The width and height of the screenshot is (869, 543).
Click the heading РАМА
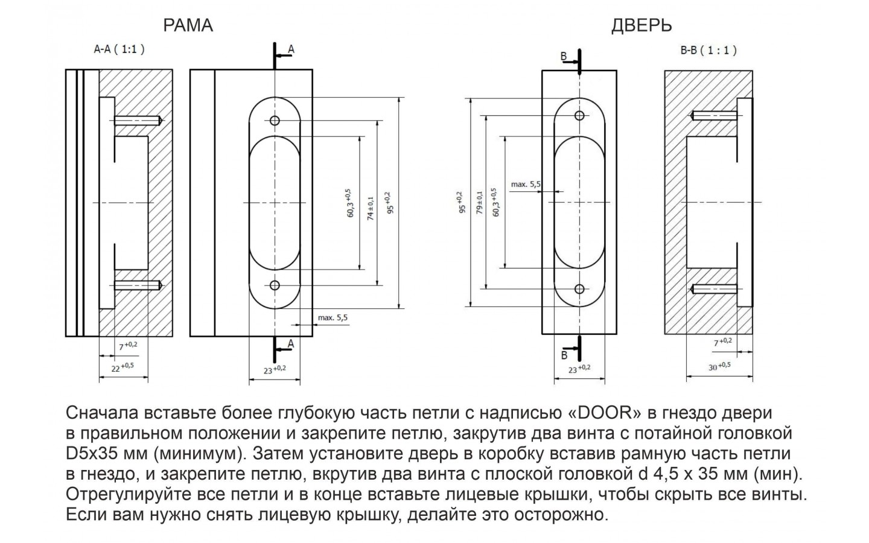(188, 25)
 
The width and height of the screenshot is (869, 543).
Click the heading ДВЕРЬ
(641, 25)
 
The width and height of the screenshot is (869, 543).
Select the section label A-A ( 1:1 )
(119, 50)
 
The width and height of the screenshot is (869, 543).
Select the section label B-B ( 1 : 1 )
(708, 51)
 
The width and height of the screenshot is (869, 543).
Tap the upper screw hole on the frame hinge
(275, 121)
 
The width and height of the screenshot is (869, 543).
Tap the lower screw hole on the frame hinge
(275, 285)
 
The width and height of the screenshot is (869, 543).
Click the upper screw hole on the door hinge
(579, 115)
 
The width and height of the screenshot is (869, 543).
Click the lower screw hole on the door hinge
(579, 288)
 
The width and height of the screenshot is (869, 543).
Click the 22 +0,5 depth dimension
(123, 367)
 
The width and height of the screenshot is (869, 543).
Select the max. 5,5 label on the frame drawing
(333, 317)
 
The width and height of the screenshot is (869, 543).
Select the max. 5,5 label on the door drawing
(526, 184)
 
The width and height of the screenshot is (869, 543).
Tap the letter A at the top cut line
(291, 49)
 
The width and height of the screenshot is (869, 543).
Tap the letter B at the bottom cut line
(564, 354)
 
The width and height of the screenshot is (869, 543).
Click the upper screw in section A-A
(138, 121)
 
